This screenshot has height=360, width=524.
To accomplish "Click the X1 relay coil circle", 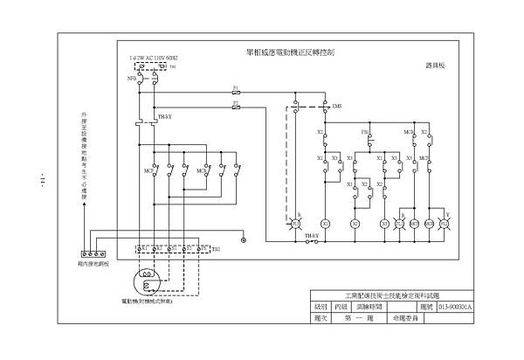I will tap(323, 224).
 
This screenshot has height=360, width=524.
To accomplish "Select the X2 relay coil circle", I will tap(355, 224).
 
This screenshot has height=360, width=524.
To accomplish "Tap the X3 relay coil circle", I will tap(384, 224).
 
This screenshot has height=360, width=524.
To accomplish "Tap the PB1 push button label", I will tap(366, 132).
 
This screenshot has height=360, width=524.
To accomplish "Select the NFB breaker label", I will tap(130, 77).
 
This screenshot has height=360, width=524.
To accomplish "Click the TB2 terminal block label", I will tap(215, 249).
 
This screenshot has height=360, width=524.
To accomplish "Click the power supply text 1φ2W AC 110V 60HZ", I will tap(154, 57).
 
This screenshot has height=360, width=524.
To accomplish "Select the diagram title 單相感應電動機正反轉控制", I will tap(286, 52).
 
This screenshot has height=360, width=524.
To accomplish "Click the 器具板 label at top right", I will tap(436, 65).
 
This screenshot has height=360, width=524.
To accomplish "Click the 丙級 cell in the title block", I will tap(343, 308).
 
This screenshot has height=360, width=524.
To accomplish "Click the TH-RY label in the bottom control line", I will tap(311, 235).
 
